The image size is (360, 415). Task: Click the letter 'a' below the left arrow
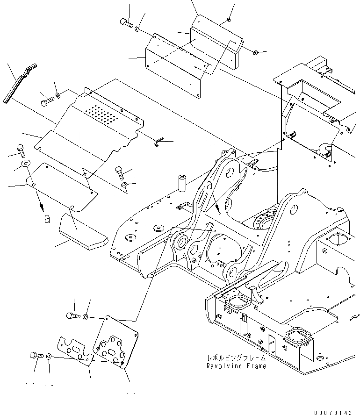[x=46, y=218]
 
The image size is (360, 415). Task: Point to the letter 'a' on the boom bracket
[x=209, y=186]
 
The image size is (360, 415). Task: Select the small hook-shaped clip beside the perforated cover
[x=158, y=142]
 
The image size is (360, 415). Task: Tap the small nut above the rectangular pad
[x=227, y=19]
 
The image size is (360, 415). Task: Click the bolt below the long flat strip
[x=46, y=101]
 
